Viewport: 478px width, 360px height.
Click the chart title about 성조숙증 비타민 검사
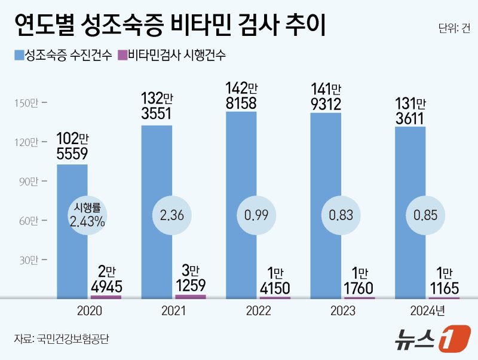tap(169, 28)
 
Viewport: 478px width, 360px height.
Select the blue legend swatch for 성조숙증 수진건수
tap(18, 56)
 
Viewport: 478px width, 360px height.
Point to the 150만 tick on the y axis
tap(26, 103)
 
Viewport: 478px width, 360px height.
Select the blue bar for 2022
tap(241, 203)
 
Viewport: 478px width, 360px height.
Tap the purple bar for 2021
tap(190, 296)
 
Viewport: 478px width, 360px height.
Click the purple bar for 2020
tap(105, 296)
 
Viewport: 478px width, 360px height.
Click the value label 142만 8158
tap(241, 96)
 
